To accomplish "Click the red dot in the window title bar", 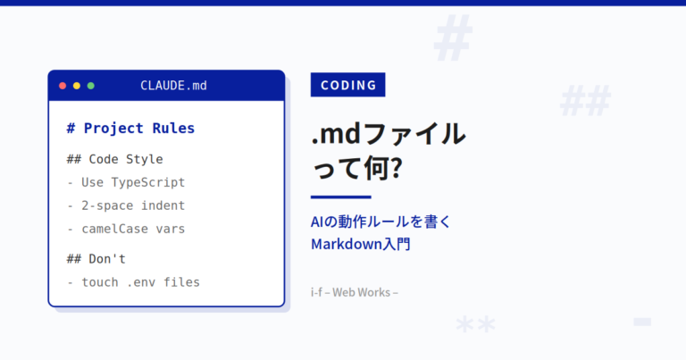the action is pos(63,86).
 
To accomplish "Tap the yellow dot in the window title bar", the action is pos(77,86).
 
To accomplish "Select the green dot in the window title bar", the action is pos(91,86).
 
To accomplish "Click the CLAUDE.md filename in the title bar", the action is pos(173,86).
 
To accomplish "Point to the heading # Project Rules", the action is pos(130,128).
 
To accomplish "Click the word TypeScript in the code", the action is pos(148,182).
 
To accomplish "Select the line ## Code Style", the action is pos(114,159).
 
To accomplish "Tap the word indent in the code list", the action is pos(163,205).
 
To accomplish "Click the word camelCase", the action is pos(115,229).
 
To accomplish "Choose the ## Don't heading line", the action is pos(96,259).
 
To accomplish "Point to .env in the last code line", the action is pos(141,282).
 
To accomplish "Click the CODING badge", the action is pos(347,85).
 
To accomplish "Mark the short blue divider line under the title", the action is pos(341,197).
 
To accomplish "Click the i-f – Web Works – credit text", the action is pos(355,292).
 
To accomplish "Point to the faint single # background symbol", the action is pos(453,38).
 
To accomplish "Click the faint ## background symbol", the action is pos(585,101).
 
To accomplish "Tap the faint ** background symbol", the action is pos(475,325).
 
